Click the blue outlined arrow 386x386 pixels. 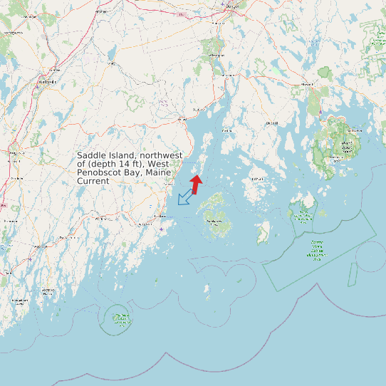pos(185,197)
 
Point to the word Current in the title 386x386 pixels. pos(93,181)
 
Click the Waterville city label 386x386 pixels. pos(46,82)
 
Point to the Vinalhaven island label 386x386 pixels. pos(214,221)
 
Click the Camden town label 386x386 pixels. pos(169,184)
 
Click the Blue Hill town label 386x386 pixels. pos(271,122)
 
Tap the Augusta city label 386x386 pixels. pos(14,151)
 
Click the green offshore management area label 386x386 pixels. pos(316,250)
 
